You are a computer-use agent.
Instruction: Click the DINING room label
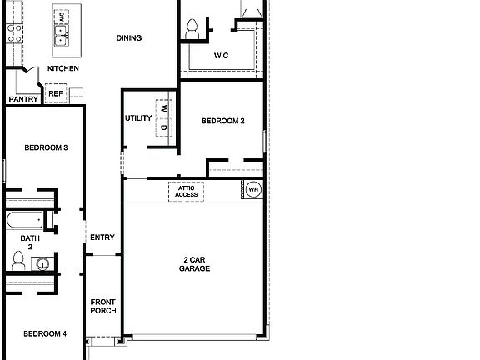128,37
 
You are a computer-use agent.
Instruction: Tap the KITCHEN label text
63,68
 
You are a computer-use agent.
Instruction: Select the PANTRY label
22,99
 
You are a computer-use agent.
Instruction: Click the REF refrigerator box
55,93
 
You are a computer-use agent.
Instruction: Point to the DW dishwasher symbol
61,17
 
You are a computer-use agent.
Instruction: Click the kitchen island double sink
61,37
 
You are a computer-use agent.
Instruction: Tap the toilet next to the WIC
192,27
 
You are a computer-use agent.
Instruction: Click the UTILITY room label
137,118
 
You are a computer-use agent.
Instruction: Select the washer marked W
164,108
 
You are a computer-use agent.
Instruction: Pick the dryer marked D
164,127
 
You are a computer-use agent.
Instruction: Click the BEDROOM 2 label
222,122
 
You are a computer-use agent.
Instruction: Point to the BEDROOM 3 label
45,148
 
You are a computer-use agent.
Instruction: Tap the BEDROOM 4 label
45,334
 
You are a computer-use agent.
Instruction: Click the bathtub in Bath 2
23,222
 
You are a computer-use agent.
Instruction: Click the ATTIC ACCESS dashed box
187,191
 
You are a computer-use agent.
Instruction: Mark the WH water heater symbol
252,190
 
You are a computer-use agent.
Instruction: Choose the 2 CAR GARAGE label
194,264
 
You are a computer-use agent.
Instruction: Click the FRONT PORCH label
102,306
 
